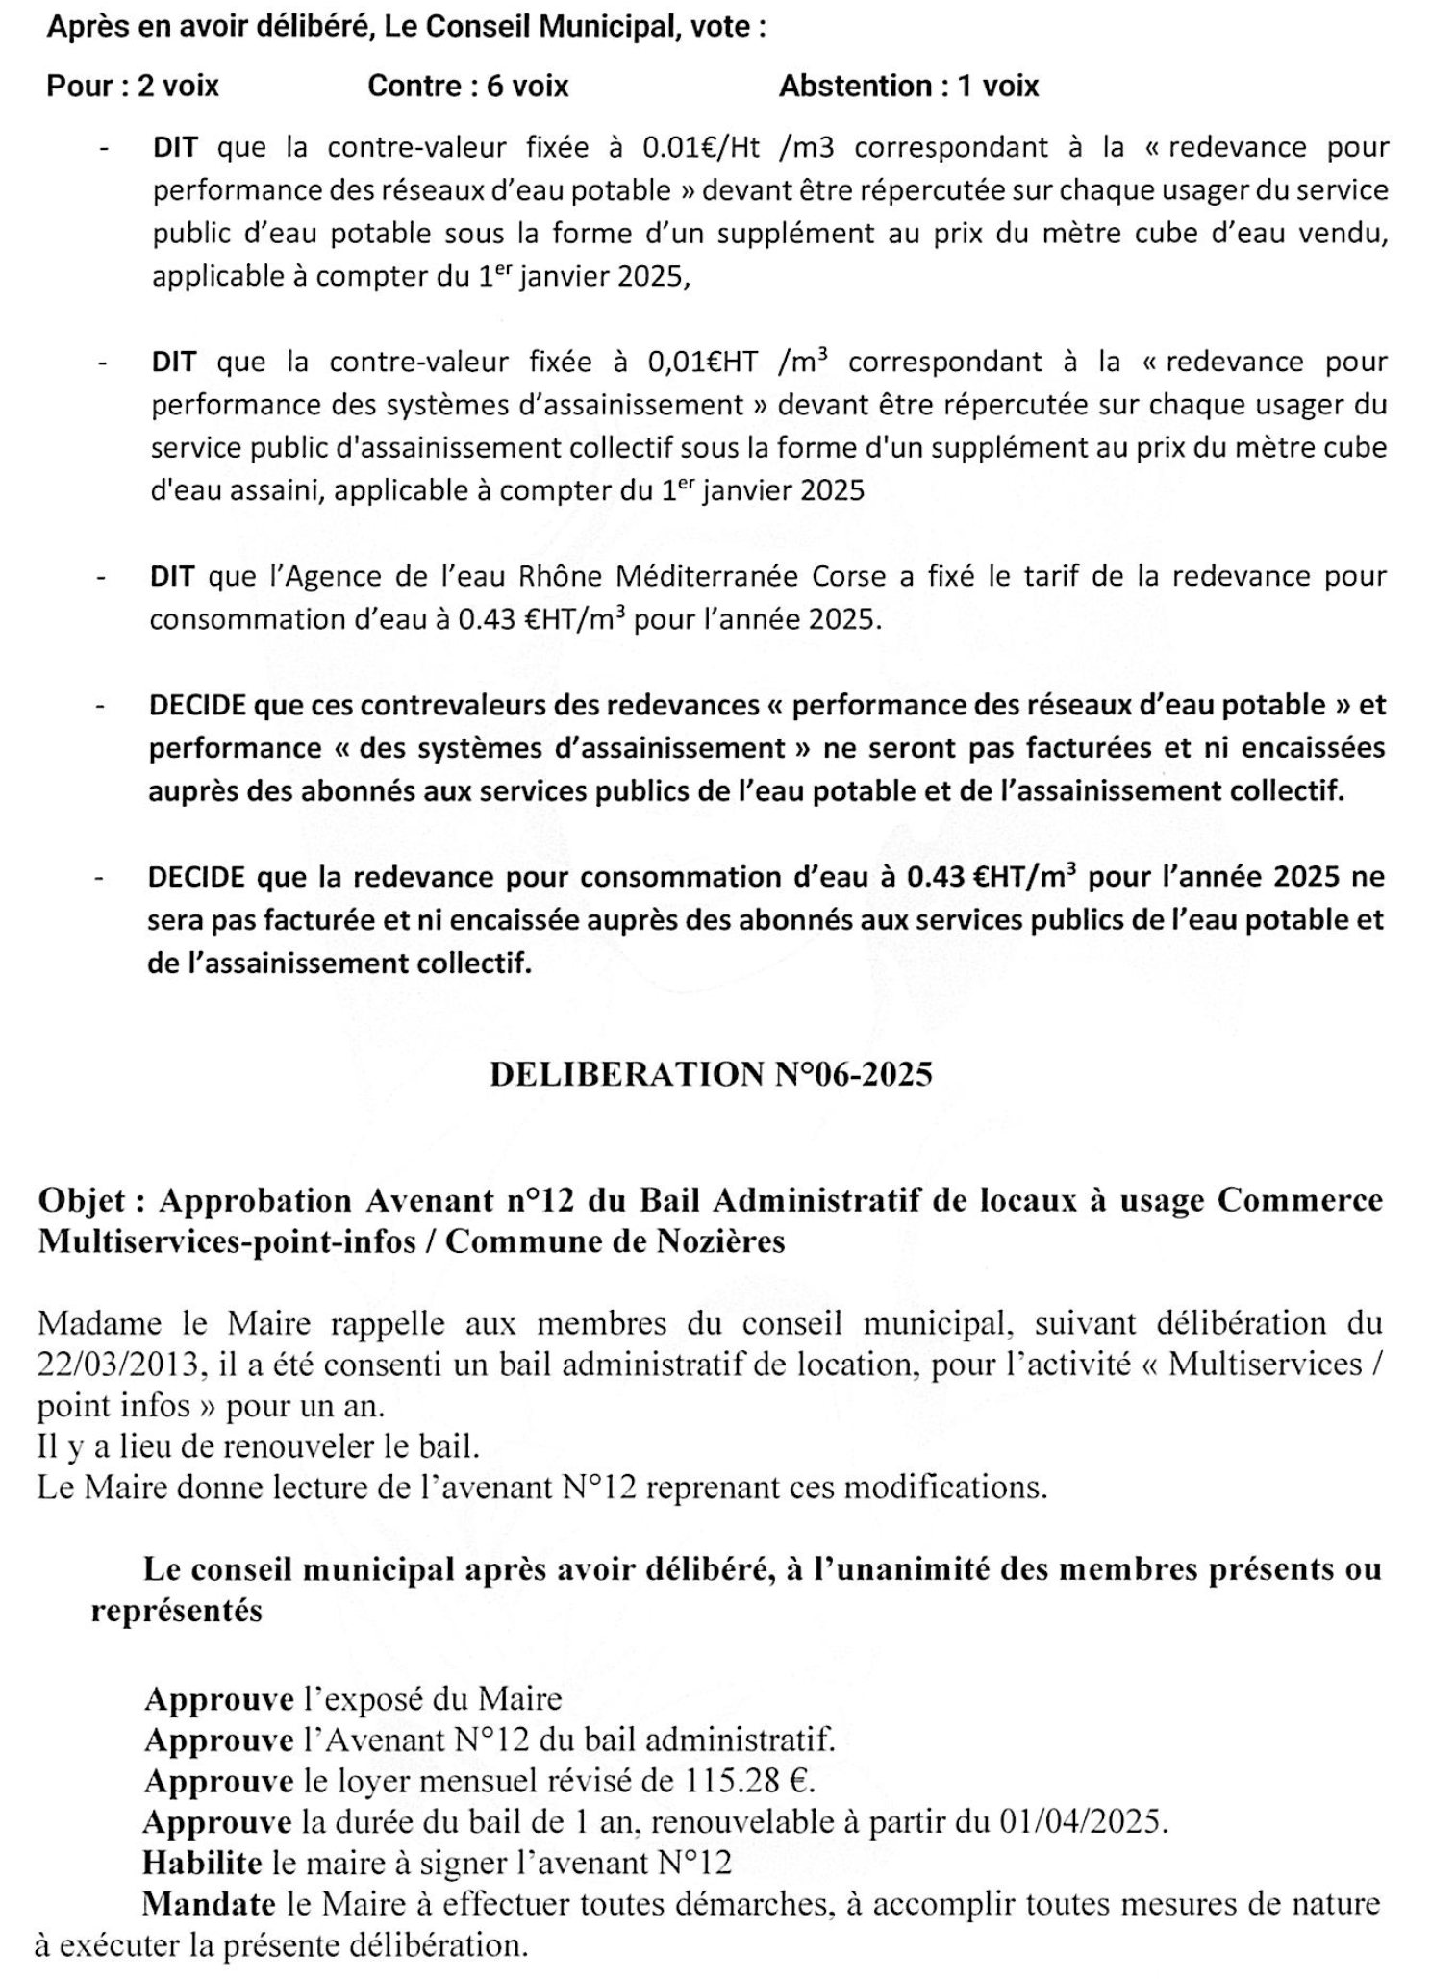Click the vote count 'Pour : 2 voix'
point(133,87)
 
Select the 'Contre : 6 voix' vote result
point(468,87)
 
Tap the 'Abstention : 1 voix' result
point(909,87)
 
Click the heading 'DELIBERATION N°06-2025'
point(711,1074)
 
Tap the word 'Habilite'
point(202,1863)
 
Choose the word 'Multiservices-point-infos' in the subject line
point(227,1241)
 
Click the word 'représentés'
point(176,1611)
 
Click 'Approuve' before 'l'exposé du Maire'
point(218,1699)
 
